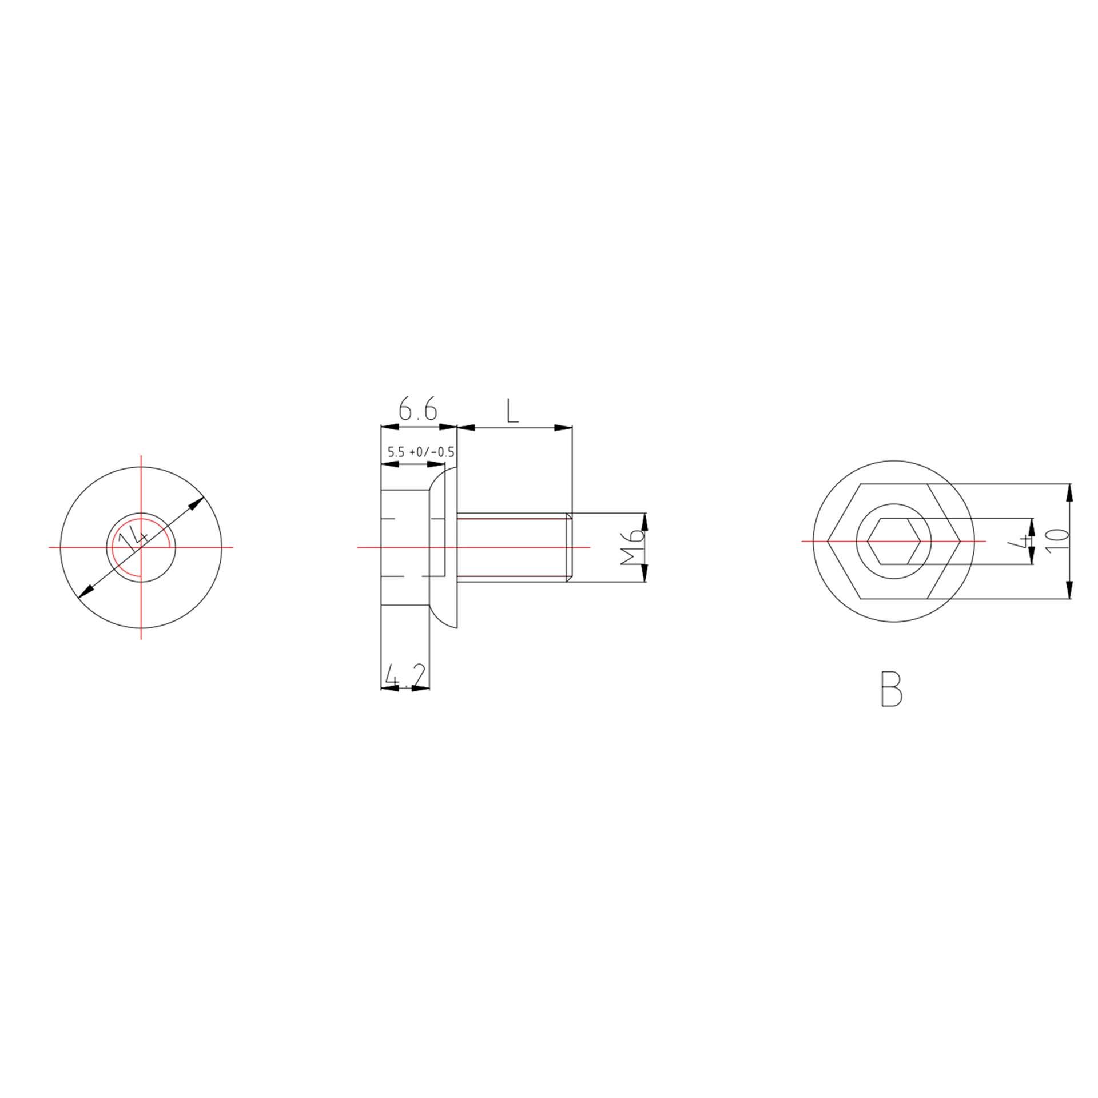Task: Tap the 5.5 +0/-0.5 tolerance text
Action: pos(421,452)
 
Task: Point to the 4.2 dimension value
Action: pos(405,675)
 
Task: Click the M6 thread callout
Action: pos(633,547)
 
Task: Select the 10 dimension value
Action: pos(1057,539)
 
